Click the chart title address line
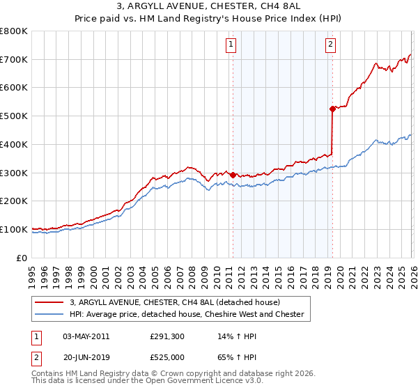pyautogui.click(x=208, y=8)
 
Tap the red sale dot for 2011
pyautogui.click(x=233, y=175)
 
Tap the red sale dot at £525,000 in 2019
pyautogui.click(x=332, y=108)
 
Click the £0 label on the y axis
pyautogui.click(x=22, y=258)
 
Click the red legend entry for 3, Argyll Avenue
pyautogui.click(x=174, y=302)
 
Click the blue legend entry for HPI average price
pyautogui.click(x=186, y=314)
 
